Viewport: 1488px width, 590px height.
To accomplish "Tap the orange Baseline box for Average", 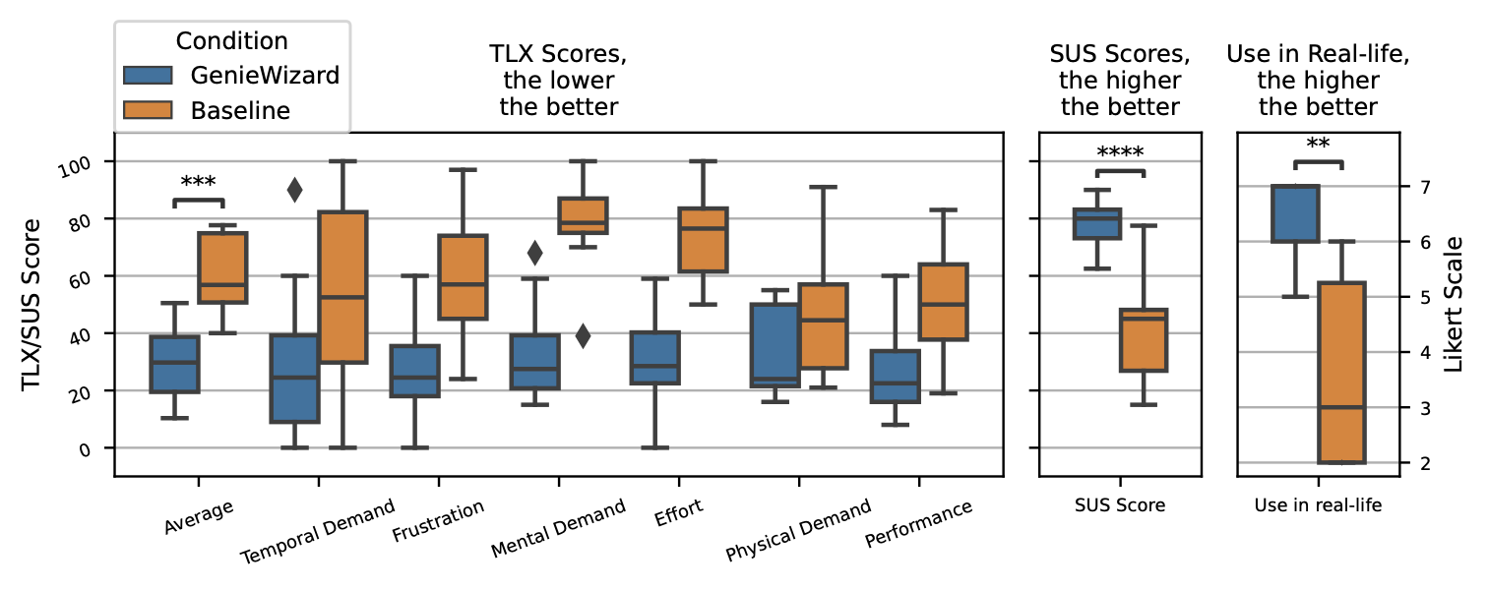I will [x=222, y=267].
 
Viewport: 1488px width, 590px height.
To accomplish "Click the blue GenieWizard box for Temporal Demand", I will [x=294, y=379].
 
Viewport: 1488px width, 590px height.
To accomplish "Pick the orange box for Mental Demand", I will [x=583, y=215].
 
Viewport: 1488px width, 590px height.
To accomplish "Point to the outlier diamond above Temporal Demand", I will [x=294, y=191].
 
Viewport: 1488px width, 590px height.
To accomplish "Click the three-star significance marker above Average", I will [x=198, y=183].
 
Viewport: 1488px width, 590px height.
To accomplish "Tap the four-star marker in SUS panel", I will [x=1120, y=153].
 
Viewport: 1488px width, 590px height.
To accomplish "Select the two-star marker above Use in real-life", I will [x=1318, y=145].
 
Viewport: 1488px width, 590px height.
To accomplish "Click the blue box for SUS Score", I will [x=1097, y=223].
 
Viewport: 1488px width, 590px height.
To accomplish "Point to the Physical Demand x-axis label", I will [x=798, y=531].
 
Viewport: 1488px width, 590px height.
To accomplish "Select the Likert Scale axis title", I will [x=1455, y=303].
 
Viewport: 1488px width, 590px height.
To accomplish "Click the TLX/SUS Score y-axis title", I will [x=32, y=303].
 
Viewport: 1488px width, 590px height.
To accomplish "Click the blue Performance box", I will [x=895, y=376].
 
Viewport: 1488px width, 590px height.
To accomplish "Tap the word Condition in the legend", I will [x=231, y=41].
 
